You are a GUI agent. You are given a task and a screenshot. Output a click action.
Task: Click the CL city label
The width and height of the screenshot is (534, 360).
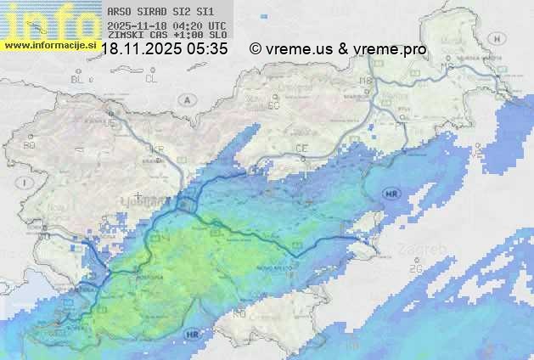(151, 79)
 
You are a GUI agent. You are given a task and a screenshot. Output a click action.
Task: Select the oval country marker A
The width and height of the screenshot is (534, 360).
(185, 99)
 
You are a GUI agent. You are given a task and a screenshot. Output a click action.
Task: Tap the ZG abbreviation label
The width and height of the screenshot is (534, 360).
(416, 268)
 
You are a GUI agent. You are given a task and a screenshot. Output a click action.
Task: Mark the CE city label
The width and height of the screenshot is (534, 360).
(301, 149)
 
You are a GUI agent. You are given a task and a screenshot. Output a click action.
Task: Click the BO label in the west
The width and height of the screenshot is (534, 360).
(30, 145)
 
